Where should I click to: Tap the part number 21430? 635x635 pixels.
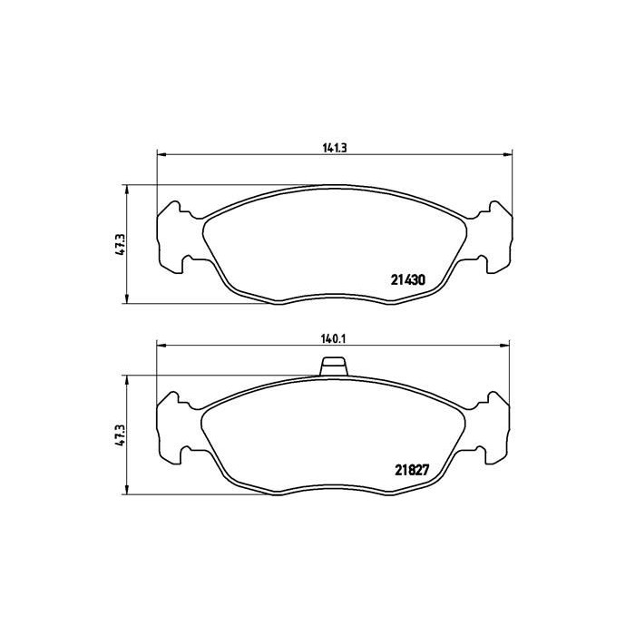[408, 281]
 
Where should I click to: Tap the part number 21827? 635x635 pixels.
[411, 470]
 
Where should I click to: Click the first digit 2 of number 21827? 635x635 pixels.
[397, 470]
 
